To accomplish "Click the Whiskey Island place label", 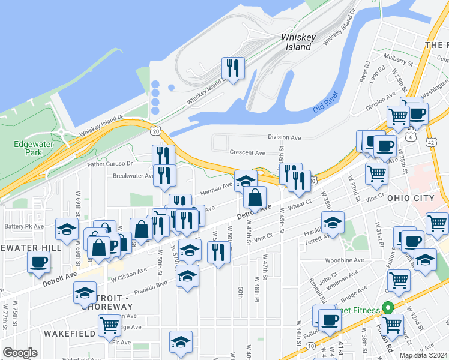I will coord(298,42).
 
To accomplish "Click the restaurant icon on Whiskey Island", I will coord(232,67).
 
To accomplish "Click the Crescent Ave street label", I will coord(247,153).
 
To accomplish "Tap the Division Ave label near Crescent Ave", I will coord(284,137).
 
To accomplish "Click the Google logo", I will coord(20,353).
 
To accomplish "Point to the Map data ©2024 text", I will coord(423,355).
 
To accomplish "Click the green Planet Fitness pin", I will coord(388,308).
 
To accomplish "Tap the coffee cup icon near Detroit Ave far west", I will coord(38,262).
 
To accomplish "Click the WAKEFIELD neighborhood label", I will coord(69,332).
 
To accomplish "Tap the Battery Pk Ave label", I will coord(24,226).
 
